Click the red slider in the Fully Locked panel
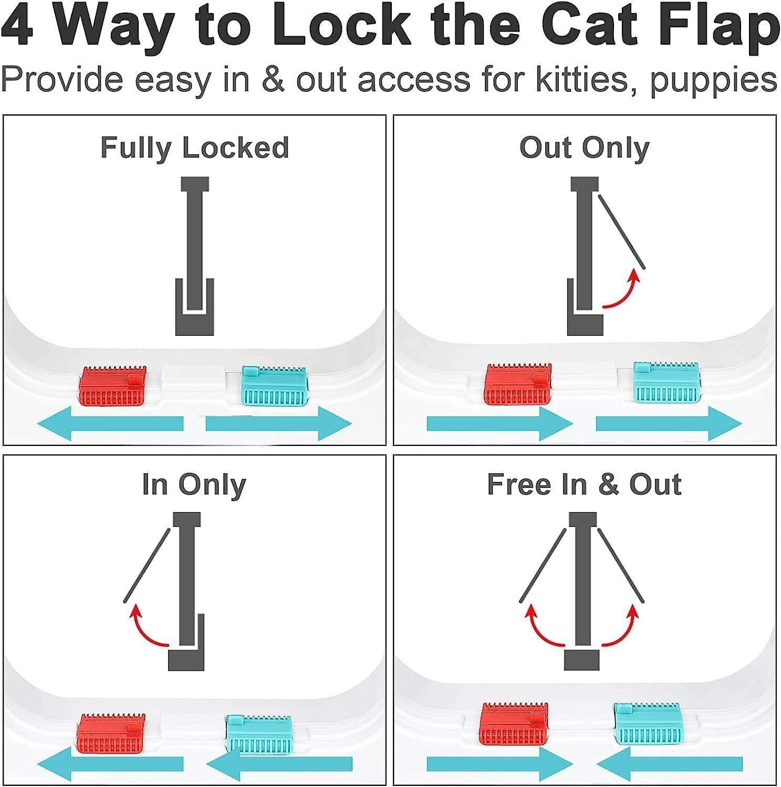point(112,386)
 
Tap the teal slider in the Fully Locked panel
point(274,386)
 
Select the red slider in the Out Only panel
point(518,384)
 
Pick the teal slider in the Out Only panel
point(667,382)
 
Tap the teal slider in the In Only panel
point(258,734)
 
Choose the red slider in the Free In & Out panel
point(515,724)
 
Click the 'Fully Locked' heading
point(194,147)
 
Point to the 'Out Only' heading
point(584,147)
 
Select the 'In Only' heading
point(194,484)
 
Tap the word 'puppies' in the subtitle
point(713,80)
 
